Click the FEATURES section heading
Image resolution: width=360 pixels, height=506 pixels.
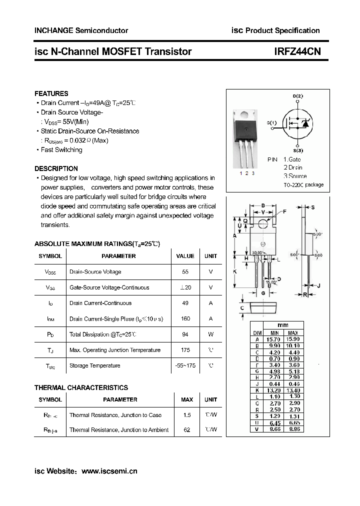tap(51, 93)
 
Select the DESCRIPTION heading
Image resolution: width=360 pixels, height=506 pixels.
tap(56, 168)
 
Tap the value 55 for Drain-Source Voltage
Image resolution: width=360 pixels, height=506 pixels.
tap(185, 272)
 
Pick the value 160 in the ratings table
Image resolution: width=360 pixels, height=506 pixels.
tap(185, 319)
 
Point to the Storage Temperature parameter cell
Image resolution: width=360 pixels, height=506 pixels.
tap(94, 366)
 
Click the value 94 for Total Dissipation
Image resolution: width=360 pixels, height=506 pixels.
tap(185, 334)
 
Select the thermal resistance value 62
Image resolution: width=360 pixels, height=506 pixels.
tap(187, 430)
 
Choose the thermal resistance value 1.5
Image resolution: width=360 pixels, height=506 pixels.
tap(187, 415)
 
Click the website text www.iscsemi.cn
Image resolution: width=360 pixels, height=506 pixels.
tap(109, 471)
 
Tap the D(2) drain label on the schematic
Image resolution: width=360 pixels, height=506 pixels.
tap(297, 96)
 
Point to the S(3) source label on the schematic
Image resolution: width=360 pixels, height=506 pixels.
tap(298, 150)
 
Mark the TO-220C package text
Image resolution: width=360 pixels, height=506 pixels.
tap(303, 185)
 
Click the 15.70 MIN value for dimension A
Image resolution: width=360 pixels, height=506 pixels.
tap(274, 339)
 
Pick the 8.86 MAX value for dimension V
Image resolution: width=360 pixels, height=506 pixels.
tap(293, 429)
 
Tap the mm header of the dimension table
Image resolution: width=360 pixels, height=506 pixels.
tap(283, 325)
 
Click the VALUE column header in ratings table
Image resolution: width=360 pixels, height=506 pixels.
tap(185, 256)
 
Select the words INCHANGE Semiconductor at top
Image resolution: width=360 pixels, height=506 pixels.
tap(81, 30)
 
